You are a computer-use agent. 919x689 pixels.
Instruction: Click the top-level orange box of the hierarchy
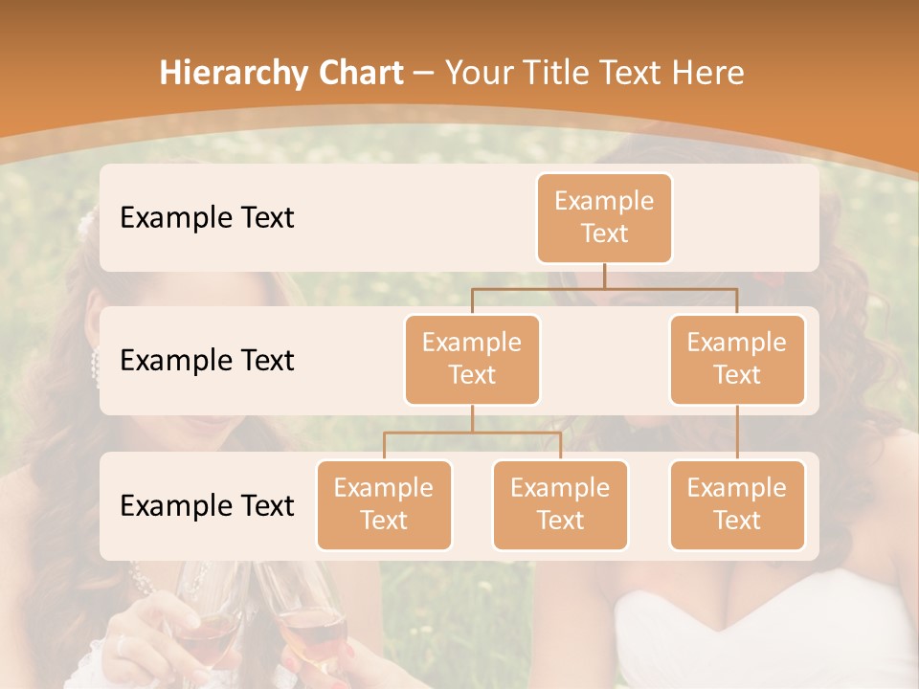tap(604, 217)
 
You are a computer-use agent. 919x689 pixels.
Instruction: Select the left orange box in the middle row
tap(472, 359)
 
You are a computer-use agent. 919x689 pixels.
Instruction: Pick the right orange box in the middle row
tap(737, 359)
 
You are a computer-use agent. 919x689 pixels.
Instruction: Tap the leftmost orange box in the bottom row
tap(384, 504)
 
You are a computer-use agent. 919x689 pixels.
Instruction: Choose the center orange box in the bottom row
tap(560, 504)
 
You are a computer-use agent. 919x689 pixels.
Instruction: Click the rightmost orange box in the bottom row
tap(737, 504)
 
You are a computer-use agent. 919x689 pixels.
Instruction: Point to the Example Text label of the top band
tap(207, 217)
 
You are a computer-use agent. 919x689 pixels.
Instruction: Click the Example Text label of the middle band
tap(207, 360)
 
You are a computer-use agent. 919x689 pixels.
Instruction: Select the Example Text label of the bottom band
tap(207, 505)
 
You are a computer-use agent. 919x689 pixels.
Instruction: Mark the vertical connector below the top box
tap(604, 276)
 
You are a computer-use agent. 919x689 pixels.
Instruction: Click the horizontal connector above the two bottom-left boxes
tap(472, 433)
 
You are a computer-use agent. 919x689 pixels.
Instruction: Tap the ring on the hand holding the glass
tap(122, 646)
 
